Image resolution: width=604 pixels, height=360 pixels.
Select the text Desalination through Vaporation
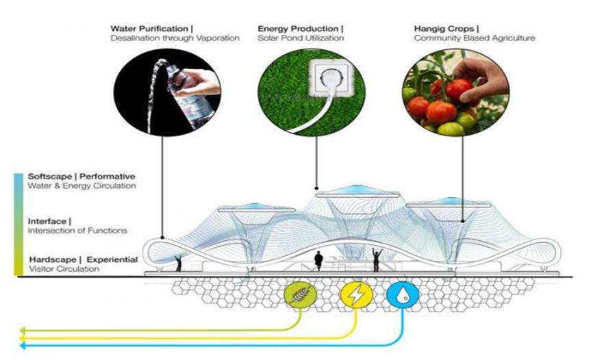(175, 38)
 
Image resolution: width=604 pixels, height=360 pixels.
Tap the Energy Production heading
(299, 28)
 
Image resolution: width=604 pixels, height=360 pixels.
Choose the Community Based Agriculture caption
(474, 38)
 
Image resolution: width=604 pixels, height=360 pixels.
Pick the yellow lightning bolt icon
(354, 295)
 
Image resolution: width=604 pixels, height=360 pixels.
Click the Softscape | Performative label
(81, 176)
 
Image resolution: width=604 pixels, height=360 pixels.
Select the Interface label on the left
(48, 221)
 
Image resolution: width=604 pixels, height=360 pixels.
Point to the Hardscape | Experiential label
(83, 259)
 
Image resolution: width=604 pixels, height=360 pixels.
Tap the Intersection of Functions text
(77, 231)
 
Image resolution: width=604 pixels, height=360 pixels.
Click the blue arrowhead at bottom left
(23, 346)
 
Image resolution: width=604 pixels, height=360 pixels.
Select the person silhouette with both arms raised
(375, 259)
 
